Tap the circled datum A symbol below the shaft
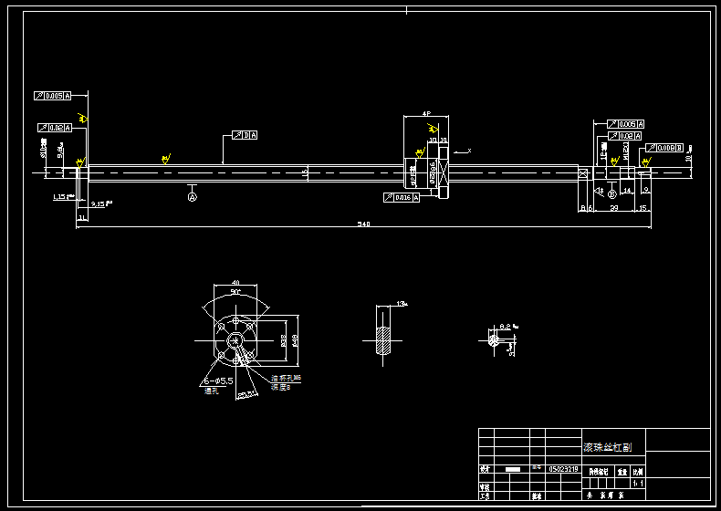click(193, 196)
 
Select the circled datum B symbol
click(611, 193)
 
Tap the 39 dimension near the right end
click(613, 209)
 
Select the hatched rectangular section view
click(384, 340)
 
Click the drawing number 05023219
click(564, 469)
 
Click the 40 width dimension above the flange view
click(235, 284)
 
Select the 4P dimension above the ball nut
click(426, 114)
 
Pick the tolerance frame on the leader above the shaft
click(246, 135)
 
